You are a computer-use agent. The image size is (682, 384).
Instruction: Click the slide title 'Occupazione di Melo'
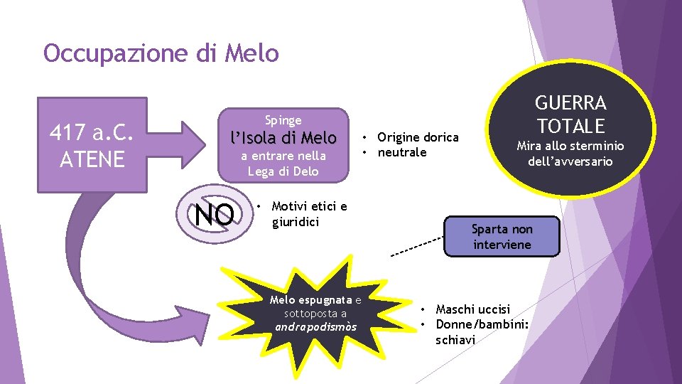click(161, 53)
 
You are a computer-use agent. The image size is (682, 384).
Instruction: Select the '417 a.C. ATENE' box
click(92, 144)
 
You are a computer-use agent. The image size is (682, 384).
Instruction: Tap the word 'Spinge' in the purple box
click(283, 120)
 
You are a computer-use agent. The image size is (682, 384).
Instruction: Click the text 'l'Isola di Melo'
click(283, 137)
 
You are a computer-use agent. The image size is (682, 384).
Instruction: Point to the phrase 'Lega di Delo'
click(283, 171)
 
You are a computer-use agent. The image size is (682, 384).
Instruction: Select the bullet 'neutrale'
click(402, 152)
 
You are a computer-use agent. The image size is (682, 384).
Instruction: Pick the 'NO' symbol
click(215, 213)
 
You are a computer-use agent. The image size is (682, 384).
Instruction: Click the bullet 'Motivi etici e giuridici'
click(309, 214)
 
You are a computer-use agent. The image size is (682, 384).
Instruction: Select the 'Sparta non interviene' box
click(502, 236)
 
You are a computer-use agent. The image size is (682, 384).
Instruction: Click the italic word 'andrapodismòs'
click(316, 327)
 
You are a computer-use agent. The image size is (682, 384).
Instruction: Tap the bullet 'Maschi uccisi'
click(472, 309)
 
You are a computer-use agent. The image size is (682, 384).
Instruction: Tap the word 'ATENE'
click(92, 159)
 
